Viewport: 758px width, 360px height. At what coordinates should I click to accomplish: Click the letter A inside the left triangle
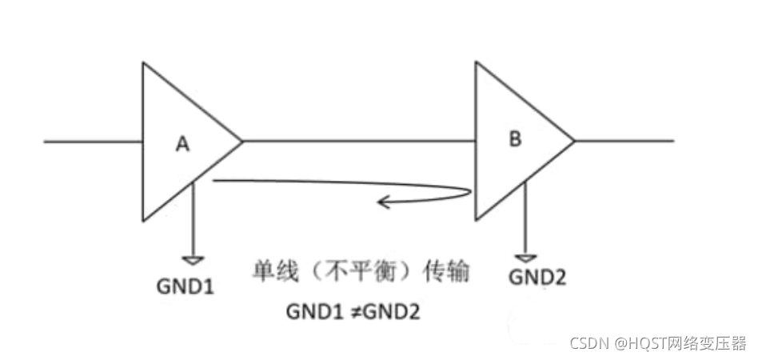point(182,144)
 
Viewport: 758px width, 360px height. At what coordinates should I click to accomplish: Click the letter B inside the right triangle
point(516,139)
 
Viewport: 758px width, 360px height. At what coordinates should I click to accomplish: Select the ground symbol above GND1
point(194,260)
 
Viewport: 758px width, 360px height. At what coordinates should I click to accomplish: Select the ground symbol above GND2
point(525,258)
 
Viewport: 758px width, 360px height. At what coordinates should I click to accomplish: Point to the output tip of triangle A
point(241,142)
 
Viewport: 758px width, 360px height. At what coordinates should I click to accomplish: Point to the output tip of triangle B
point(573,142)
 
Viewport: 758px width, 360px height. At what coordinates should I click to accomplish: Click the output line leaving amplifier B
point(624,142)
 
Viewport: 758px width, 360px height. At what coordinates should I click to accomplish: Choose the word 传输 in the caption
point(445,272)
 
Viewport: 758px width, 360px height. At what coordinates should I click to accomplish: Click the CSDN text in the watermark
point(588,342)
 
